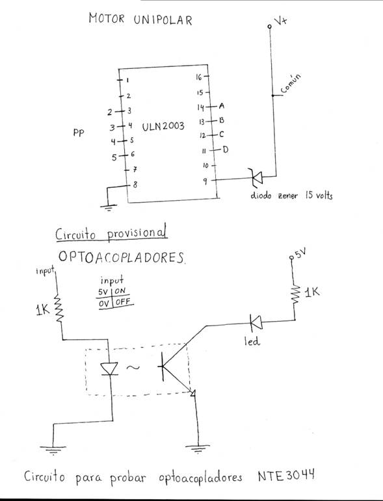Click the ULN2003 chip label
[163, 126]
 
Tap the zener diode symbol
[257, 177]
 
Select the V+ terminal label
[281, 21]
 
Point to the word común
[291, 84]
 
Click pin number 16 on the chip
[199, 77]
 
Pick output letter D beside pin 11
[226, 149]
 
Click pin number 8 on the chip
[135, 185]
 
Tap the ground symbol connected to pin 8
[109, 208]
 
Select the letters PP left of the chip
[79, 133]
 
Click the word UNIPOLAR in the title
[163, 19]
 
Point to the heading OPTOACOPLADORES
[122, 257]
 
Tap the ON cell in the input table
[120, 290]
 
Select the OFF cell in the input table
[123, 302]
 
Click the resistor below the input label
[59, 308]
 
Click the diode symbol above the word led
[256, 322]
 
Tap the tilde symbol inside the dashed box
[133, 367]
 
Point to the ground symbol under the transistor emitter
[198, 448]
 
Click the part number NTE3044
[286, 476]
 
